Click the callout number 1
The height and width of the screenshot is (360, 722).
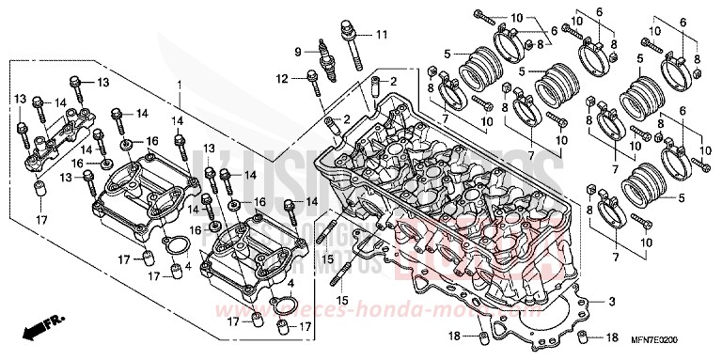pos(177,85)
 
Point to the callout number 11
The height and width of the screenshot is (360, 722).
pos(381,35)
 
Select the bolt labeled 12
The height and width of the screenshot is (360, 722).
pos(314,81)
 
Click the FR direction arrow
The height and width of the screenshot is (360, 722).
pos(39,330)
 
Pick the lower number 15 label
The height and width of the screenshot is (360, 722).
pos(343,300)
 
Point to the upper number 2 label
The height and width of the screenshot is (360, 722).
pos(394,82)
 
